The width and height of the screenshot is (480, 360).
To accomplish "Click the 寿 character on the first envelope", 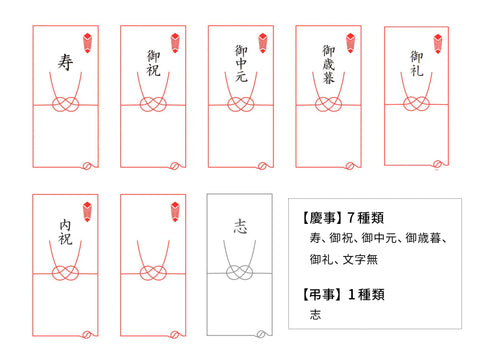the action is pyautogui.click(x=65, y=62).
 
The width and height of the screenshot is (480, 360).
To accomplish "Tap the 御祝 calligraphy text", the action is pyautogui.click(x=153, y=63).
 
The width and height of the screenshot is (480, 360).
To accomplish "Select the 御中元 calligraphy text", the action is pyautogui.click(x=241, y=63).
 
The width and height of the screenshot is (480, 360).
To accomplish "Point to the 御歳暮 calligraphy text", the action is pyautogui.click(x=329, y=64).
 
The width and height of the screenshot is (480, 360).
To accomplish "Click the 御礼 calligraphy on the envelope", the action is pyautogui.click(x=417, y=63).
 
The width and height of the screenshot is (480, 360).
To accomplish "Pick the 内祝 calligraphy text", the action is pyautogui.click(x=65, y=232).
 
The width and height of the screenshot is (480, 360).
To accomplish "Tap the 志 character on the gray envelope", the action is pyautogui.click(x=240, y=226).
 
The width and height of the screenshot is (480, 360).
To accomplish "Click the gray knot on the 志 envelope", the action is pyautogui.click(x=240, y=272).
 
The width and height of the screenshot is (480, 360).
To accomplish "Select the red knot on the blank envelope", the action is pyautogui.click(x=153, y=273).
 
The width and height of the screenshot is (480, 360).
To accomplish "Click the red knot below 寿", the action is pyautogui.click(x=65, y=104).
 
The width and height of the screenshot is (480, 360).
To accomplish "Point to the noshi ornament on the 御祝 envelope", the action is pyautogui.click(x=175, y=43).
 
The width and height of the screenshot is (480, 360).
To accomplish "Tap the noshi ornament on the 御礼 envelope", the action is pyautogui.click(x=438, y=44).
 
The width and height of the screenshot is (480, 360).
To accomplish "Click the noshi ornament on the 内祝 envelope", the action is pyautogui.click(x=87, y=212).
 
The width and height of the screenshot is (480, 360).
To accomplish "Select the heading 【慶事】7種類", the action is pyautogui.click(x=343, y=218).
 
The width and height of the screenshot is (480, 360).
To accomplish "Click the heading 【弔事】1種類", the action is pyautogui.click(x=343, y=294).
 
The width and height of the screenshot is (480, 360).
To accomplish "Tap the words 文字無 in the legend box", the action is pyautogui.click(x=360, y=259).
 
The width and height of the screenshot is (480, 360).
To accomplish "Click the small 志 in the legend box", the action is pyautogui.click(x=315, y=314).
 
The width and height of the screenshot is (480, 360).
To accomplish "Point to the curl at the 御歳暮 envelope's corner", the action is pyautogui.click(x=350, y=165).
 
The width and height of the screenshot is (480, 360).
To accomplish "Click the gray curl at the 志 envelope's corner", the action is pyautogui.click(x=261, y=334).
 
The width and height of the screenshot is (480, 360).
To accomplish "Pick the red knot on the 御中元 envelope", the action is pyautogui.click(x=241, y=104).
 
